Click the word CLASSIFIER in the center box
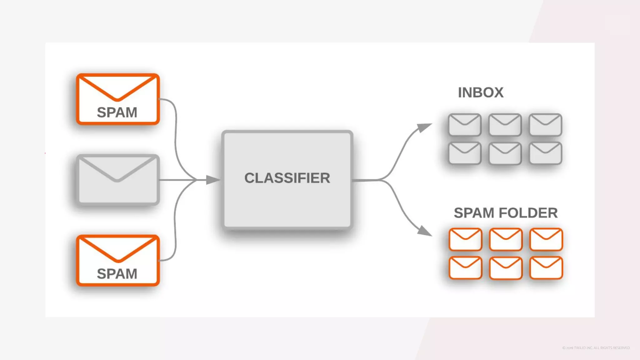click(287, 178)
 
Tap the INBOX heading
click(481, 92)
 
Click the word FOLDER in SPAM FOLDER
click(528, 213)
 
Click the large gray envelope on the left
click(118, 180)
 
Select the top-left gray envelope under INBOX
click(465, 125)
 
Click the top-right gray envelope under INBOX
click(545, 125)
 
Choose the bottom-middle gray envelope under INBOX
click(505, 153)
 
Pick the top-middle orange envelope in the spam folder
click(506, 239)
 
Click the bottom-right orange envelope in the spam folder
click(546, 268)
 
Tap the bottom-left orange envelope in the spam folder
click(465, 268)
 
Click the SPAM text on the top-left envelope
click(117, 112)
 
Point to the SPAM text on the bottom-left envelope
click(117, 274)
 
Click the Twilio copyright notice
click(596, 348)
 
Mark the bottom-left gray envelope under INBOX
click(465, 153)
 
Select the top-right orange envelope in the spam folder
click(546, 239)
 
